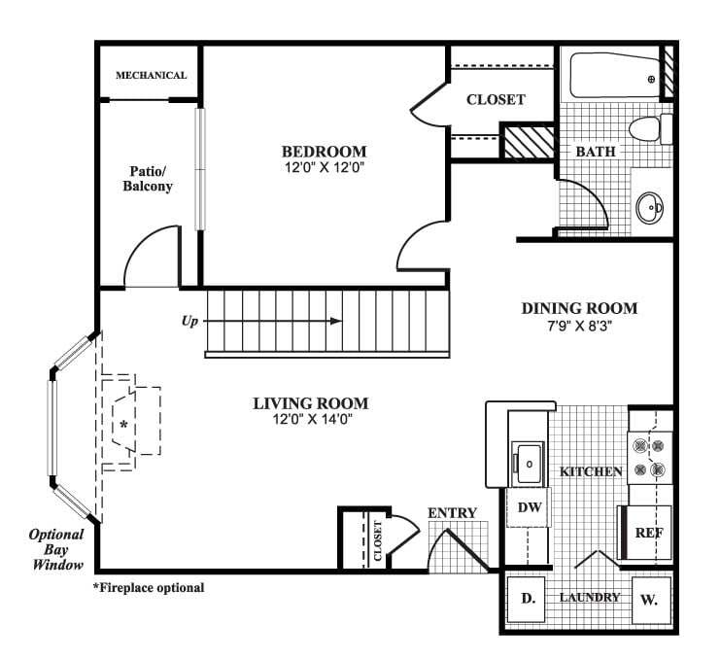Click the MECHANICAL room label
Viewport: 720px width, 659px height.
[151, 75]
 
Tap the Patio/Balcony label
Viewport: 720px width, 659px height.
[150, 178]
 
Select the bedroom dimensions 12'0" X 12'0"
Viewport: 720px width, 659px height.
[324, 168]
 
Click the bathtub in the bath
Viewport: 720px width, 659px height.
[612, 78]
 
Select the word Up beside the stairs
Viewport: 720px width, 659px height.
[191, 320]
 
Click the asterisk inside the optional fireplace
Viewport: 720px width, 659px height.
[124, 426]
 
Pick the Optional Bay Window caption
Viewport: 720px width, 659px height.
[56, 549]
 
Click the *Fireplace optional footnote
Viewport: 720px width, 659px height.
[148, 588]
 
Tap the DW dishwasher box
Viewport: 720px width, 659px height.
[529, 506]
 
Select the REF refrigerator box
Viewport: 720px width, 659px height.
[648, 533]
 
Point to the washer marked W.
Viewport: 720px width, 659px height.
[648, 600]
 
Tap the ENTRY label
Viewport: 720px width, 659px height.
[452, 513]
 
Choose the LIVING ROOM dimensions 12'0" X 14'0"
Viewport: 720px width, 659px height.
[311, 420]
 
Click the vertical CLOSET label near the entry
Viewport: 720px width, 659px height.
[378, 540]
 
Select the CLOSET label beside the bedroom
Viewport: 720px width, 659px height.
[496, 99]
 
